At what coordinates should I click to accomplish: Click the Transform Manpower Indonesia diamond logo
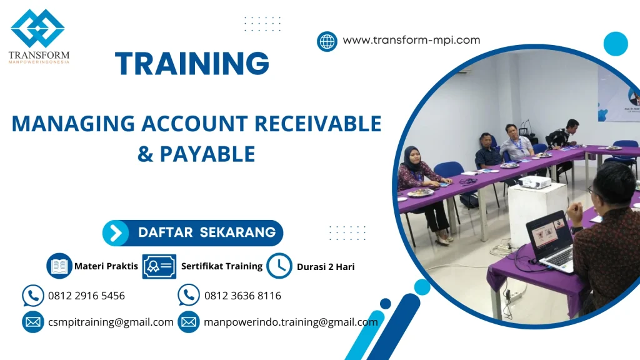(37, 28)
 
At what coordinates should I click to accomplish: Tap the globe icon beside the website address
(327, 41)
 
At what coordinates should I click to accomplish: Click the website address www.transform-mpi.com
(411, 40)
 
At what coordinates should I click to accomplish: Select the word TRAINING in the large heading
(192, 63)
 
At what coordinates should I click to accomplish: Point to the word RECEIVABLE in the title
(318, 124)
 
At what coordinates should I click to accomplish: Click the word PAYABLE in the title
(207, 154)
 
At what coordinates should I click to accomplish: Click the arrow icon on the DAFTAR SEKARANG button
(116, 233)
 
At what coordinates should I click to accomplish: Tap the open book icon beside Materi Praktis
(59, 266)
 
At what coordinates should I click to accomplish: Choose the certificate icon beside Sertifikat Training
(159, 266)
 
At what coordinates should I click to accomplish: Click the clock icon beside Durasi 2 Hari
(279, 266)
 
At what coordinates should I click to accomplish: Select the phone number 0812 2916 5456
(86, 296)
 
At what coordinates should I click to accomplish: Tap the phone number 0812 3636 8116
(243, 296)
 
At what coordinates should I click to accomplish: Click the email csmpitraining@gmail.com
(111, 322)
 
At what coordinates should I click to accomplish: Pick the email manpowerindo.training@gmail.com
(291, 322)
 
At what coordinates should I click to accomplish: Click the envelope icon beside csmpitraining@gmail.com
(33, 322)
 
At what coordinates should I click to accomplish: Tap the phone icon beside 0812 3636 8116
(189, 295)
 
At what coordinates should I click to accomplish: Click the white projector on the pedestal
(535, 182)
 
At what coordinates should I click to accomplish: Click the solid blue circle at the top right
(616, 44)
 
